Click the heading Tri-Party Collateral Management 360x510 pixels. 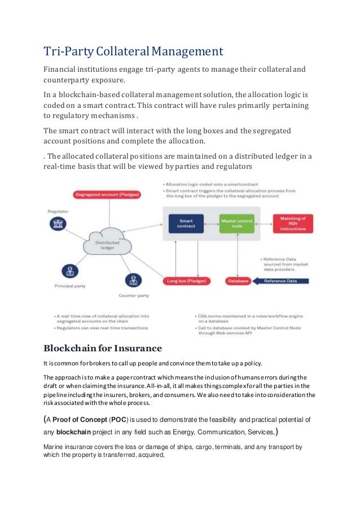pyautogui.click(x=133, y=52)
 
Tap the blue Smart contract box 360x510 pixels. pyautogui.click(x=186, y=224)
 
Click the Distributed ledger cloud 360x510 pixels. pyautogui.click(x=107, y=243)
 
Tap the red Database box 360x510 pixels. pyautogui.click(x=238, y=281)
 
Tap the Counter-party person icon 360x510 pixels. pyautogui.click(x=134, y=280)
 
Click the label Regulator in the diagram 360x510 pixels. pyautogui.click(x=58, y=211)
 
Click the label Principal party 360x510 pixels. pyautogui.click(x=69, y=286)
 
